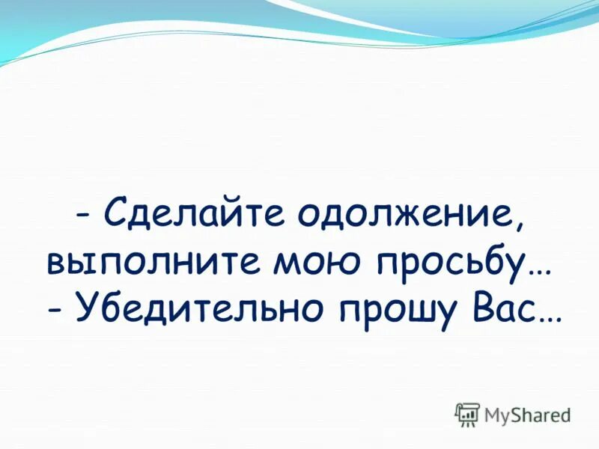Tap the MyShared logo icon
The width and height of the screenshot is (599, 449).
click(x=467, y=414)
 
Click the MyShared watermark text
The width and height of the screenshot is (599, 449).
click(x=527, y=414)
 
